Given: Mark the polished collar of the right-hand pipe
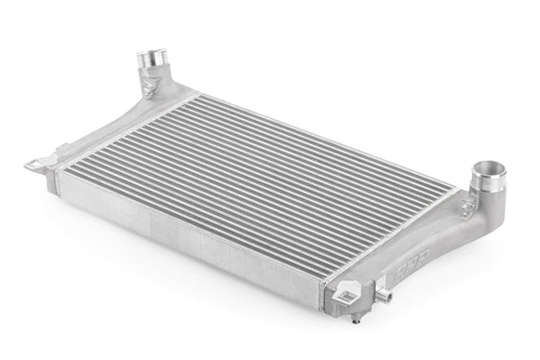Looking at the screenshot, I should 489,181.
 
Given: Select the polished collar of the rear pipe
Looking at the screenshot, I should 152,67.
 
